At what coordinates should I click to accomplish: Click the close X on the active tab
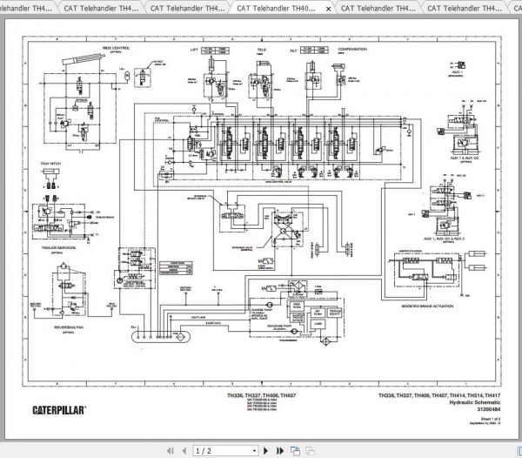click(x=327, y=8)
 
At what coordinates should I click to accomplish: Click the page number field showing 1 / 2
click(x=201, y=450)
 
